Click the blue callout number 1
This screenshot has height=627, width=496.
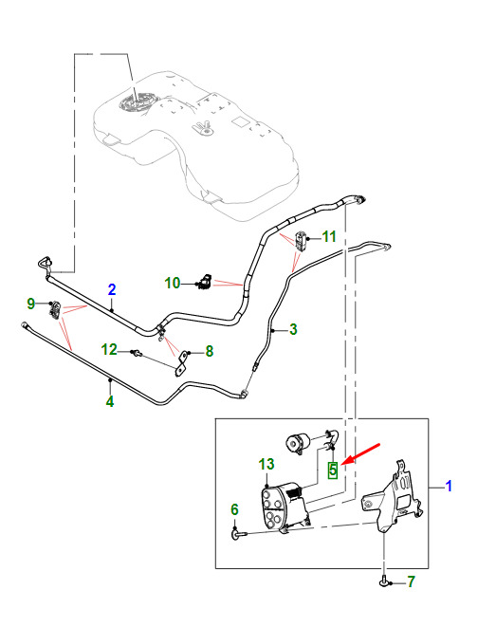point(449,486)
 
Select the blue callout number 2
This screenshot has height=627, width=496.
point(112,289)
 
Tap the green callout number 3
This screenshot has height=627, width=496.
point(293,329)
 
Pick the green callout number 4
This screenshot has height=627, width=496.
point(110,401)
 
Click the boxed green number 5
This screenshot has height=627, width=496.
point(333,470)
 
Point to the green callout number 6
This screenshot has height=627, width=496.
point(234,509)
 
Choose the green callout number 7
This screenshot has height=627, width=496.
point(412,581)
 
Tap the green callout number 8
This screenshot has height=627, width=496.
point(210,351)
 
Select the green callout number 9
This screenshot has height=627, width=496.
point(30,304)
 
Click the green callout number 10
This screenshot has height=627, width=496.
point(173,283)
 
